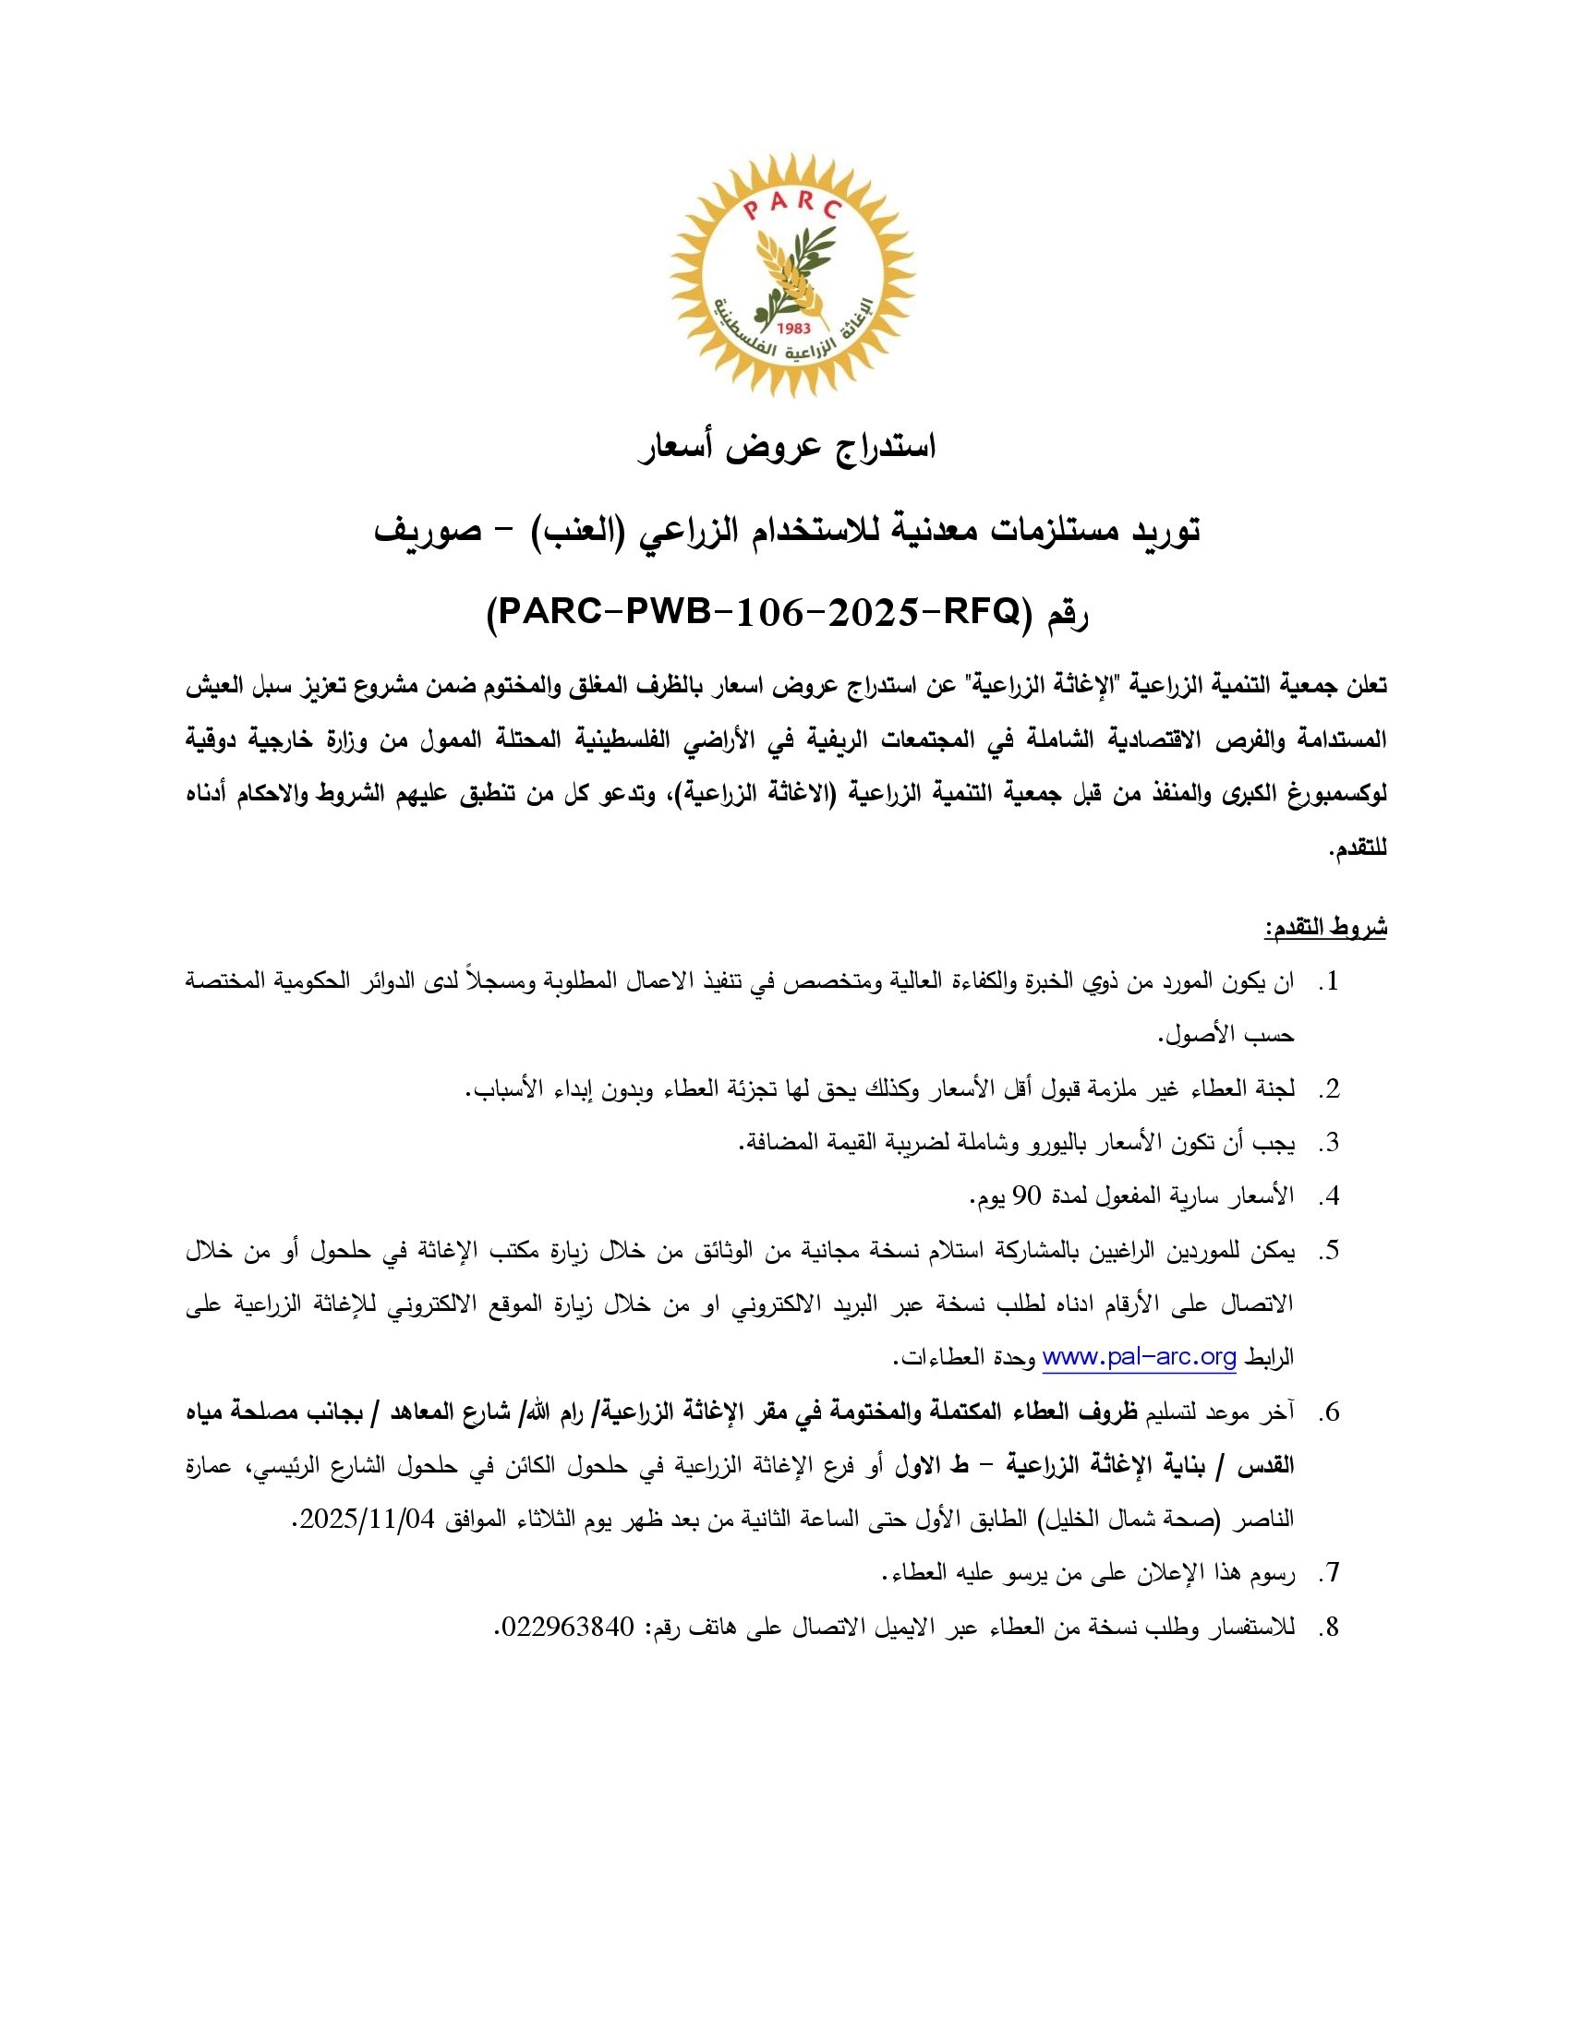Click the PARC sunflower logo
click(793, 276)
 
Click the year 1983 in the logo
click(793, 328)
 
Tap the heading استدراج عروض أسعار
click(786, 448)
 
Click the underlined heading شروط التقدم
click(1325, 927)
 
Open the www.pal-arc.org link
click(1140, 1357)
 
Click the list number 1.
click(1332, 982)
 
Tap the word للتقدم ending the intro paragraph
click(1359, 848)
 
